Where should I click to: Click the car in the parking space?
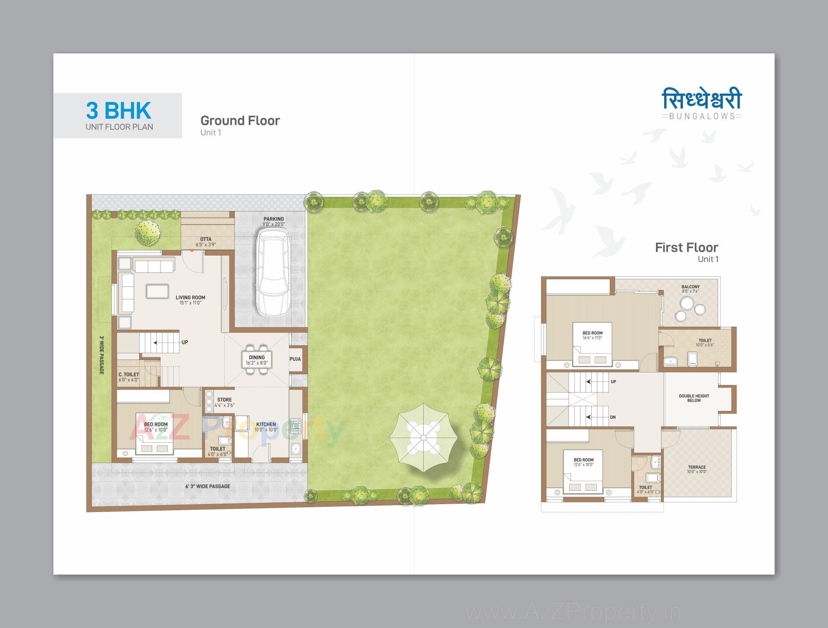click(273, 273)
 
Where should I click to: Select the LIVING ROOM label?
click(190, 298)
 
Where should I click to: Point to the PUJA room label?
click(295, 359)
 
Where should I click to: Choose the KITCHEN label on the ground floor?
click(266, 425)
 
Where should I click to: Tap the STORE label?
click(224, 400)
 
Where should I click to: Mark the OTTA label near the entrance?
click(206, 240)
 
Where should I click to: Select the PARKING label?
click(274, 219)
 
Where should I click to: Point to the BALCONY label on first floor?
click(690, 287)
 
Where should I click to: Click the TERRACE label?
click(697, 467)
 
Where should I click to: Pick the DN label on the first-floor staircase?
click(613, 417)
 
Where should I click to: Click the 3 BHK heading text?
click(119, 110)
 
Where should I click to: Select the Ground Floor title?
click(240, 120)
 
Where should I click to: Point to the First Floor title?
click(686, 248)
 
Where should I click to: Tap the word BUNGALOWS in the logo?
click(702, 116)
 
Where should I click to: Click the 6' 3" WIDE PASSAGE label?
click(207, 486)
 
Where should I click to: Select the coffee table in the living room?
click(157, 291)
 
